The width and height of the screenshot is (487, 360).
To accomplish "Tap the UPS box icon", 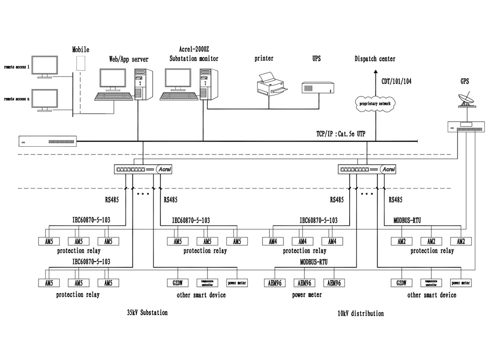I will point(317,87).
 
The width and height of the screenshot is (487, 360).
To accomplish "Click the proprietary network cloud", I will point(375,104).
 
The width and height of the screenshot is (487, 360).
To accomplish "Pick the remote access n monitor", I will point(45,99).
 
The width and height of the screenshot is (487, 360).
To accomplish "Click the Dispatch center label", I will point(375,59).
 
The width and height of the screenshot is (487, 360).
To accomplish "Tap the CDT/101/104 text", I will point(396,81).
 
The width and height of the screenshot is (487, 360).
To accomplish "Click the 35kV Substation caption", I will point(147,313).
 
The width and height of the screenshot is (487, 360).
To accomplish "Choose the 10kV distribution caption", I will point(360,313).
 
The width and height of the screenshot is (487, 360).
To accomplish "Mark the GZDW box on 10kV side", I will point(401,283).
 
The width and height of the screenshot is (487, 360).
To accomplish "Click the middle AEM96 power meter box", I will point(304,283).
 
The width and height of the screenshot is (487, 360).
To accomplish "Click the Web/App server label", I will point(129,59).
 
